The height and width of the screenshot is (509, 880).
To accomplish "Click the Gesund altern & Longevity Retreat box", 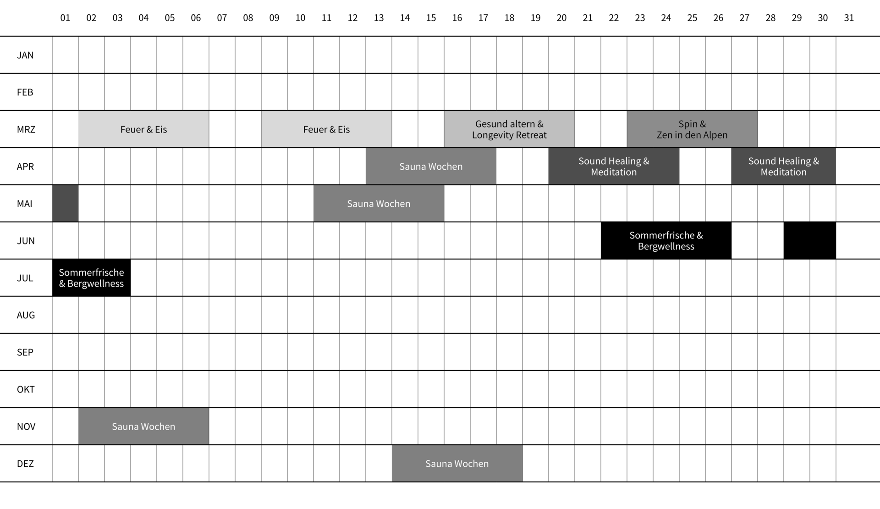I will [x=509, y=129].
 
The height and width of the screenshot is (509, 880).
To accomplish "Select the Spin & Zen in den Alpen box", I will [x=692, y=129].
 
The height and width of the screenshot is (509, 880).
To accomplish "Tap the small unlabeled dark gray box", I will [x=65, y=203].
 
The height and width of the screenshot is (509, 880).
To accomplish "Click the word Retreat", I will [x=531, y=135].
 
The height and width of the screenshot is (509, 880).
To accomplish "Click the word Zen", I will [x=665, y=135].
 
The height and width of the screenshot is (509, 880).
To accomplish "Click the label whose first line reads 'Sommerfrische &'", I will [x=666, y=241].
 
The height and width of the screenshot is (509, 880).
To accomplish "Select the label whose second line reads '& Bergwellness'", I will [x=91, y=278].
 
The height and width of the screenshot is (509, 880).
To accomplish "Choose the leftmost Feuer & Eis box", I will [x=143, y=129].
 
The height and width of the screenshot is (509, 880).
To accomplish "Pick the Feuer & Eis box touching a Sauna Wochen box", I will [x=326, y=129].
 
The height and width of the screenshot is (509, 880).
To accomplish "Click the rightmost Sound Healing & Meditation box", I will [x=784, y=166].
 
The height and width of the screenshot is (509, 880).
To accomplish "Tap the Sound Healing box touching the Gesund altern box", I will [x=614, y=166].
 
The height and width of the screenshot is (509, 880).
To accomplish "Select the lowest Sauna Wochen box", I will [x=456, y=463].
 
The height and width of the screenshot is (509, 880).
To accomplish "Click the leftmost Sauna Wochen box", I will [x=143, y=426].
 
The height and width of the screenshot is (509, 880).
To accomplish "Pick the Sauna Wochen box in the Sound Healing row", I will [x=431, y=166].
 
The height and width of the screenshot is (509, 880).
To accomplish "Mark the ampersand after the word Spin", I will [x=703, y=124].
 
